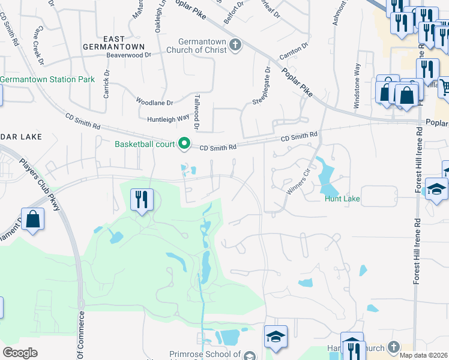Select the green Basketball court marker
point(185,144)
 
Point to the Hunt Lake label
point(343,199)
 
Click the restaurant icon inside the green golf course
point(142,199)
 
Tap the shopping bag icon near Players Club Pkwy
point(33,219)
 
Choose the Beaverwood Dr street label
point(128,55)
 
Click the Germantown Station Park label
point(47,79)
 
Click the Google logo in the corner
point(20,352)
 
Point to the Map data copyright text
point(424,355)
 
